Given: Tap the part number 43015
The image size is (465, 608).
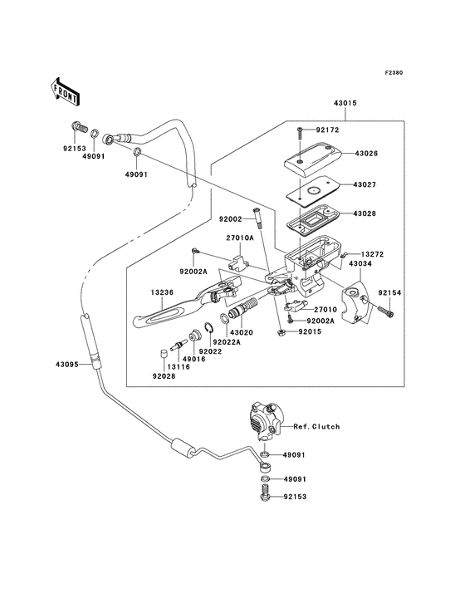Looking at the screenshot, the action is pyautogui.click(x=345, y=103).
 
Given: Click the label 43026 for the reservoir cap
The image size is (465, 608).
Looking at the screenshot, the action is pyautogui.click(x=366, y=153).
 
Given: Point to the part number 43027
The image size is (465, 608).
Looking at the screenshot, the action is pyautogui.click(x=365, y=184).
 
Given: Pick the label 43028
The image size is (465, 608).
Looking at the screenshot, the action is pyautogui.click(x=365, y=213).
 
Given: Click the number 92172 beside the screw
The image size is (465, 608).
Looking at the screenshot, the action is pyautogui.click(x=327, y=130).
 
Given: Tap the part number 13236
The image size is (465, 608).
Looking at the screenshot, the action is pyautogui.click(x=163, y=292).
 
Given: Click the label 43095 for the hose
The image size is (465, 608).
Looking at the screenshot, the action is pyautogui.click(x=67, y=365).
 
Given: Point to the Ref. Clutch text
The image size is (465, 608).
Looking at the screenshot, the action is pyautogui.click(x=316, y=427).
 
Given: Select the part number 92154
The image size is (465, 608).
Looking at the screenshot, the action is pyautogui.click(x=389, y=293).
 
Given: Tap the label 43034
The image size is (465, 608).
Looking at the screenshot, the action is pyautogui.click(x=360, y=263).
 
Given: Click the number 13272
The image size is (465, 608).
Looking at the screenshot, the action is pyautogui.click(x=372, y=254).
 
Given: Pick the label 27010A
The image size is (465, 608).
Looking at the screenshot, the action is pyautogui.click(x=240, y=238).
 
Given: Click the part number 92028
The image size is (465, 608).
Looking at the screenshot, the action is pyautogui.click(x=164, y=376).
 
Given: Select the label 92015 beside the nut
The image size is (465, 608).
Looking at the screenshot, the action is pyautogui.click(x=310, y=332).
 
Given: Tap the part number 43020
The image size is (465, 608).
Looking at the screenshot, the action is pyautogui.click(x=242, y=332).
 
